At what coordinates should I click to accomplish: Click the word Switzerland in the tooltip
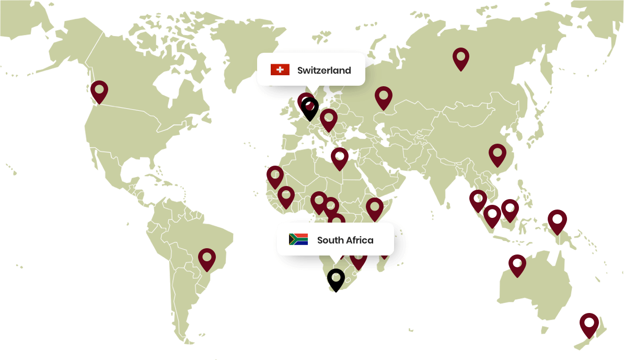click(x=324, y=71)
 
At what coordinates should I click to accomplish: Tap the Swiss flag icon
click(x=280, y=69)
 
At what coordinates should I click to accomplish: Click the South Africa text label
click(x=345, y=240)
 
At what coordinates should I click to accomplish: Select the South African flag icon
click(x=298, y=239)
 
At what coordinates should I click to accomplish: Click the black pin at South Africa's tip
click(x=336, y=278)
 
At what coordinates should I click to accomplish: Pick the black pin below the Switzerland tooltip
click(x=310, y=108)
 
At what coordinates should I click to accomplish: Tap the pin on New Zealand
click(x=589, y=323)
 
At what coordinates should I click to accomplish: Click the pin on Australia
click(x=517, y=264)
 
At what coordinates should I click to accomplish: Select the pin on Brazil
click(x=207, y=258)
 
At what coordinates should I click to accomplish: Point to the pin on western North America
click(x=99, y=91)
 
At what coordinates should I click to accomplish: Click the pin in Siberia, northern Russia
click(x=461, y=57)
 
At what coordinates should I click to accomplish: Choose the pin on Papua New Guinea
click(x=557, y=220)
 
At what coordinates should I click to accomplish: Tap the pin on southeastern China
click(x=498, y=154)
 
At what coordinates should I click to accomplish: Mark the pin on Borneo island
click(x=510, y=209)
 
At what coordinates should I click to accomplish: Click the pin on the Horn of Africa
click(x=375, y=208)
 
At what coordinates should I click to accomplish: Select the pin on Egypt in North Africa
click(x=340, y=157)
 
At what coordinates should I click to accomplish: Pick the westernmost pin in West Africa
click(x=275, y=176)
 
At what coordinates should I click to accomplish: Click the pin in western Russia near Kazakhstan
click(x=384, y=97)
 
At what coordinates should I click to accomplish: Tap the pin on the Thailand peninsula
click(x=478, y=200)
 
